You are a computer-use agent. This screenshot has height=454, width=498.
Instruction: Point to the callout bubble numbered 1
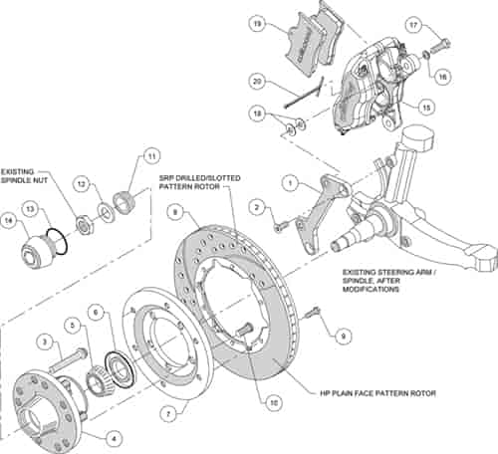pyautogui.click(x=287, y=183)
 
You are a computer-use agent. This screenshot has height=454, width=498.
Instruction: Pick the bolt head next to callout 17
pyautogui.click(x=440, y=44)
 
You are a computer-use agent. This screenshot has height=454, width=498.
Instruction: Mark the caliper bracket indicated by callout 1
pyautogui.click(x=319, y=214)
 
